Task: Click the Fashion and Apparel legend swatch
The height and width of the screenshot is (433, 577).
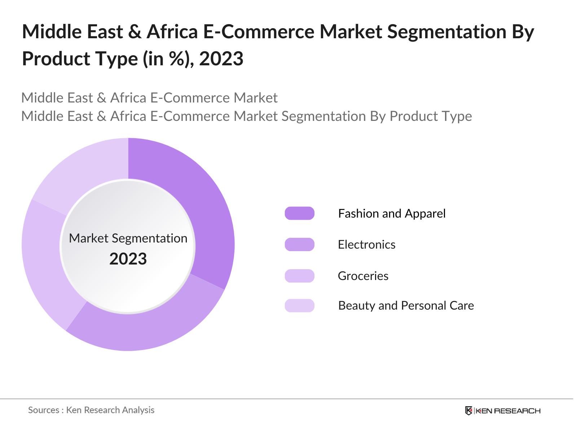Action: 299,213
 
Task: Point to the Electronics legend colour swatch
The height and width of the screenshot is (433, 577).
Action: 299,244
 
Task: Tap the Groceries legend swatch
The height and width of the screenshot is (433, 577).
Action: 299,276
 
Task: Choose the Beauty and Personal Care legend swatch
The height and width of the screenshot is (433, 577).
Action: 299,306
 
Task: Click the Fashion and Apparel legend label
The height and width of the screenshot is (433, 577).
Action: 392,213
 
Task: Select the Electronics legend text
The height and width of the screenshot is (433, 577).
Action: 366,245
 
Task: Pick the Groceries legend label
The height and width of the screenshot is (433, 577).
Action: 363,276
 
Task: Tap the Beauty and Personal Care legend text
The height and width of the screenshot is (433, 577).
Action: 406,306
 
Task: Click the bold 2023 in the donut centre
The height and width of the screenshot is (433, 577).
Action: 128,259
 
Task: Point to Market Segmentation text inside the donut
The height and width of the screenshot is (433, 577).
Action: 128,238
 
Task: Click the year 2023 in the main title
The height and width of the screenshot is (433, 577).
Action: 221,58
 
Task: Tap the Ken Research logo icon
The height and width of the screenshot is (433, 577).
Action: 468,411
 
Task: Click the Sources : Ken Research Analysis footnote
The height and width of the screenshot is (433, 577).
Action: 91,410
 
